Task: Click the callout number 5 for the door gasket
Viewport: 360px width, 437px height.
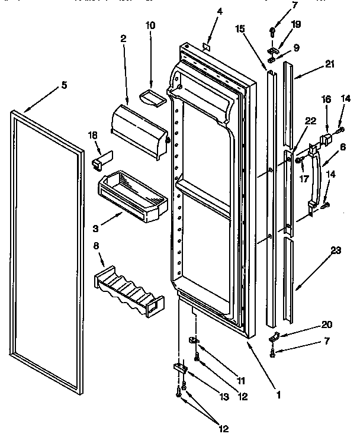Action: click(63, 85)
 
